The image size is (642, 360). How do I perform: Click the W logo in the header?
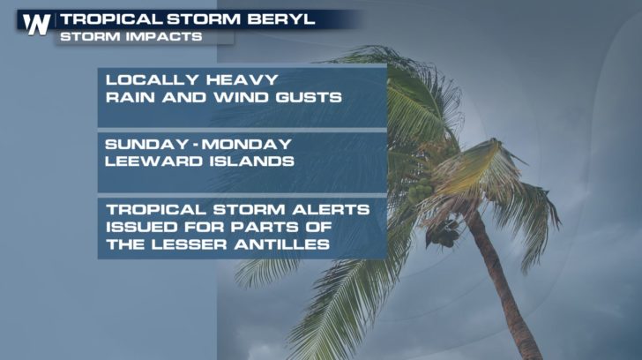point(36,24)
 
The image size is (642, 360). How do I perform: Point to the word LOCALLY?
point(153,79)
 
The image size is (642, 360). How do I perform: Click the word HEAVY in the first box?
point(242,79)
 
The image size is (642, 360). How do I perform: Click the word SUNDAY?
point(147,144)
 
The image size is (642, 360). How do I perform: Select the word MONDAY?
point(247,144)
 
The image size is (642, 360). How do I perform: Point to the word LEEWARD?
point(154,161)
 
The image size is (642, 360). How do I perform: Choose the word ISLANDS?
point(252,161)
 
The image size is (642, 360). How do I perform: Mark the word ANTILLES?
point(281,244)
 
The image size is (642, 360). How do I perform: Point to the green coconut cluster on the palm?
point(419,191)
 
